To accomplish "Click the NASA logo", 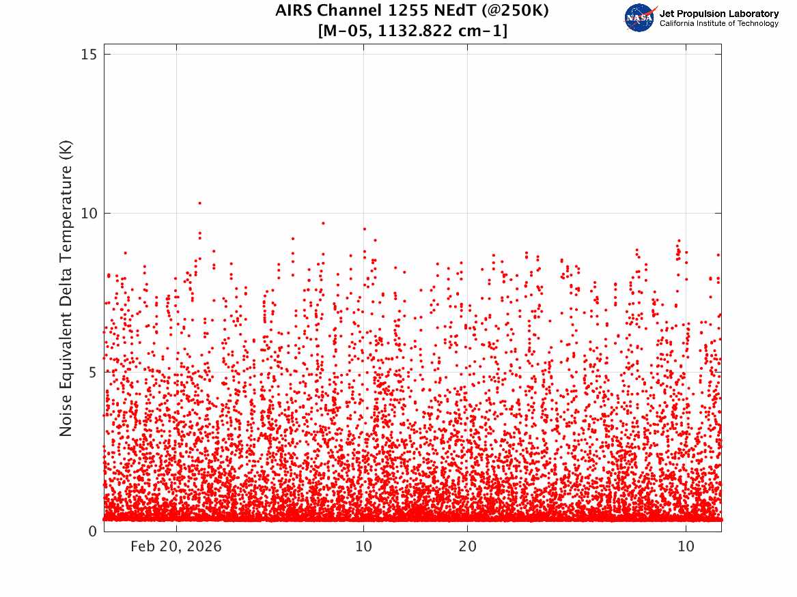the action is tap(641, 18).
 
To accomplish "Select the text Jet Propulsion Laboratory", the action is tap(719, 14).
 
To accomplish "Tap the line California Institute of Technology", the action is tap(719, 23).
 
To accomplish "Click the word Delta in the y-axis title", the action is tap(66, 282).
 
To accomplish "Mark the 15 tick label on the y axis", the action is tap(89, 55).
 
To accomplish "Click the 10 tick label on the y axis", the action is tap(89, 213).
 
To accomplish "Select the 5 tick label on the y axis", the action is tap(92, 372).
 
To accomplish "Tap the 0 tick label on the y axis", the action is tap(92, 532).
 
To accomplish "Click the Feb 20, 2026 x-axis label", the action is tap(176, 547).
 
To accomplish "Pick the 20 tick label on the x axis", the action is tap(468, 547).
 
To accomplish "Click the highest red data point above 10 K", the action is tap(199, 203).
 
